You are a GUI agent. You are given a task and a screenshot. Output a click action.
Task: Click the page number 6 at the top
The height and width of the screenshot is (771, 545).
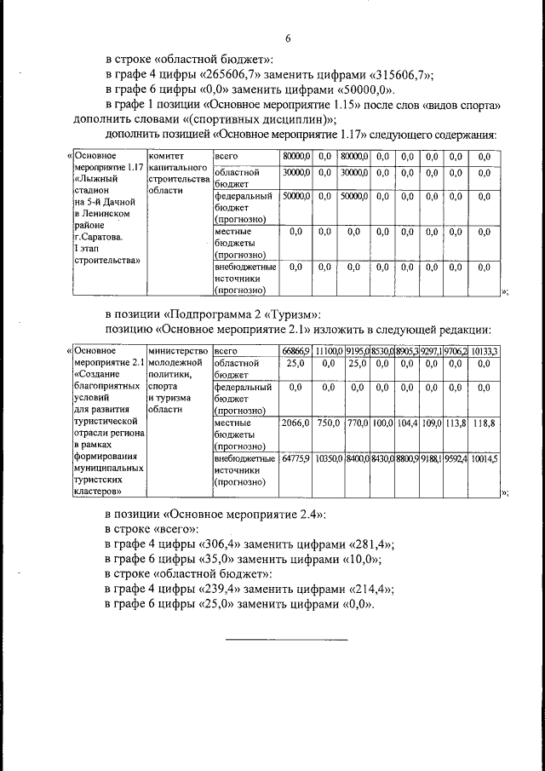(x=288, y=38)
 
